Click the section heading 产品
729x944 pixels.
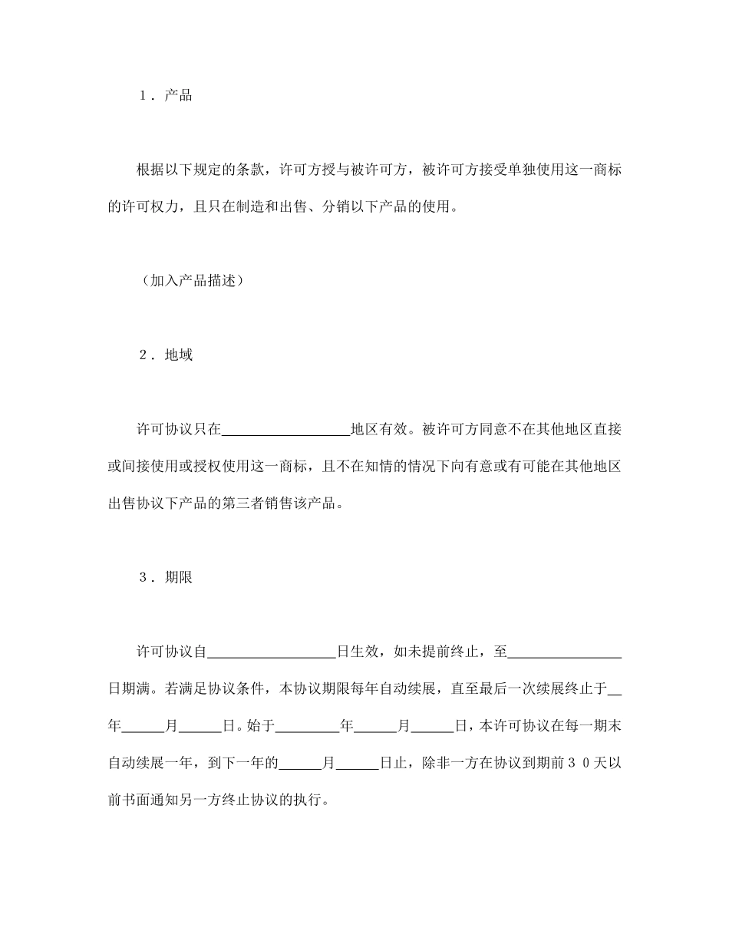click(178, 96)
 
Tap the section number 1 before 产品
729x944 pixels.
click(143, 96)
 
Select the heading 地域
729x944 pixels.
click(178, 355)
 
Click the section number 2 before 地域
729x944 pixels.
click(143, 355)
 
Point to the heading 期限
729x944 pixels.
click(178, 579)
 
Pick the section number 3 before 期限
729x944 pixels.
click(143, 579)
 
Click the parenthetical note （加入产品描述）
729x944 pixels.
click(193, 281)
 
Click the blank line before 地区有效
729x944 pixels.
click(285, 430)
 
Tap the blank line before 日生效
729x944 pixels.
click(272, 653)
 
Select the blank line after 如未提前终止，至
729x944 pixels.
click(565, 653)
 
